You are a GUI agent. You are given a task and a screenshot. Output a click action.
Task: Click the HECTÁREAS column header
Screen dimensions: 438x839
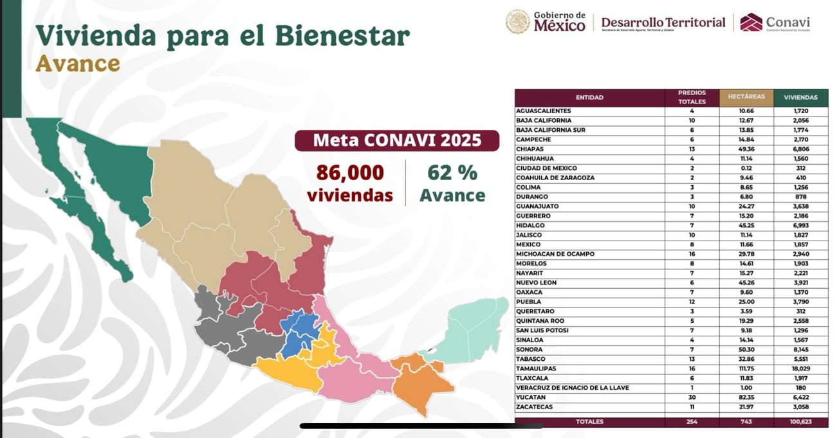point(746,97)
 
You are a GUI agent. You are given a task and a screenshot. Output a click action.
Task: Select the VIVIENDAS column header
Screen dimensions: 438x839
point(800,98)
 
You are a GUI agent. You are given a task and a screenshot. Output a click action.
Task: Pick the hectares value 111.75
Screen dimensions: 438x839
point(746,369)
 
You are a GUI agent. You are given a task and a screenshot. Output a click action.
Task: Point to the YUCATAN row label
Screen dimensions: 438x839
point(531,397)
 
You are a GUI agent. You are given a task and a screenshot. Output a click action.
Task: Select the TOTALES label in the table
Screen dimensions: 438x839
point(589,423)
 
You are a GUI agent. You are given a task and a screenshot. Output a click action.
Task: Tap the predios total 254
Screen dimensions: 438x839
point(692,423)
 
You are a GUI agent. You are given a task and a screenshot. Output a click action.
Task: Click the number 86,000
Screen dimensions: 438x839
point(350,173)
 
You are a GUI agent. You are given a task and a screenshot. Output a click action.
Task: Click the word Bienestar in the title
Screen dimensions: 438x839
point(342,36)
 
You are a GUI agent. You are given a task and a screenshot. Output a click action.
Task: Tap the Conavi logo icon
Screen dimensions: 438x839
point(751,23)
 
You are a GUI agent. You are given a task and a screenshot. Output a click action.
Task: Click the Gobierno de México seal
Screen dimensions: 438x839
point(517,22)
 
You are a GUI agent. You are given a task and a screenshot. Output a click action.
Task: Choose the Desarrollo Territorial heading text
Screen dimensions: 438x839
point(663,23)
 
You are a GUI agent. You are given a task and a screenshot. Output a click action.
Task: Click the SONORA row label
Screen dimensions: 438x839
point(530,349)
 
